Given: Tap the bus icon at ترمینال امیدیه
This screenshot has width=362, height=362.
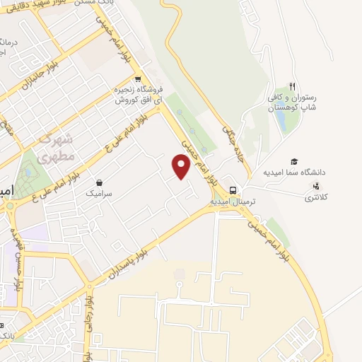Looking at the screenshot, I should [233, 189].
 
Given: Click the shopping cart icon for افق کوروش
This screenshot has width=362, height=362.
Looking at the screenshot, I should [138, 78].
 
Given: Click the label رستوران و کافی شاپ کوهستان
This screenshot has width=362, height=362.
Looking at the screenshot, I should [291, 104].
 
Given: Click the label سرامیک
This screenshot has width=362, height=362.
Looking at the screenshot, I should [100, 192].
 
